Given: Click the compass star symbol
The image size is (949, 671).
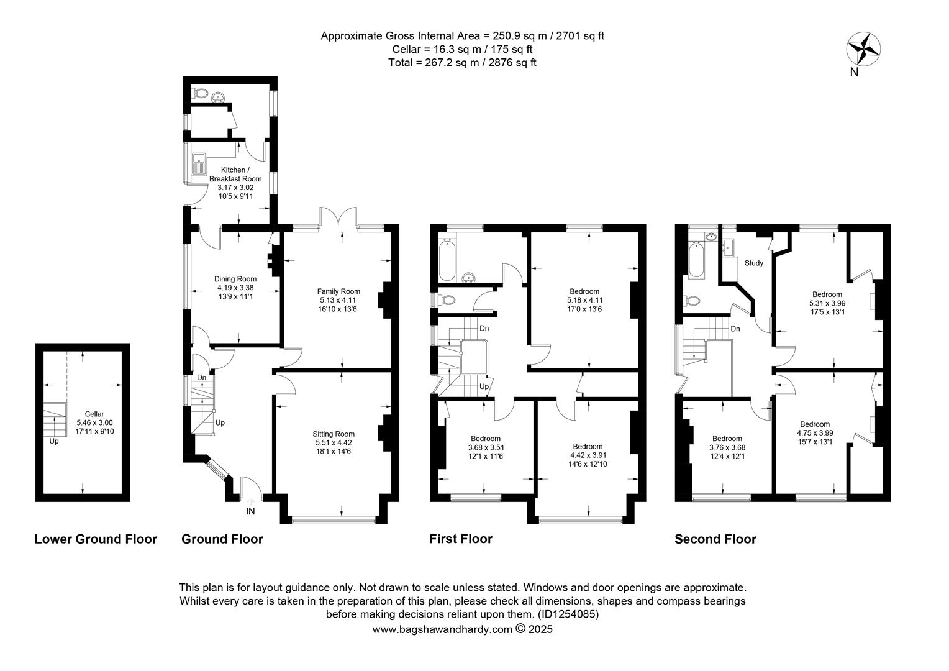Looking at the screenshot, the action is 863,49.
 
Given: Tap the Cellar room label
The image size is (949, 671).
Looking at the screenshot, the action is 94,414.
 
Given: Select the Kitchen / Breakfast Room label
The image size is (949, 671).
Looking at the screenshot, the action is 235,174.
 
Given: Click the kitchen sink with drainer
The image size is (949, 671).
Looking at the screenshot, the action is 198,164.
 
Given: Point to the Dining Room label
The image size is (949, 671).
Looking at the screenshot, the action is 235,279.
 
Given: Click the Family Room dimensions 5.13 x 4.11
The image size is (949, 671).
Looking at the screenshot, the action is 338,300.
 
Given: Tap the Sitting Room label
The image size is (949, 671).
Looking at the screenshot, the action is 334,434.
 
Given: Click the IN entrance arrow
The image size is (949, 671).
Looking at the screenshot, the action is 250,502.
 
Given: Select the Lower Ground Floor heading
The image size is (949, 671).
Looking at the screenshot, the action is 96,539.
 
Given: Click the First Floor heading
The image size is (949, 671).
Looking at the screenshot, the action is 461,539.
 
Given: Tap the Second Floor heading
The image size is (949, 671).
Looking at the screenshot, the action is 715,539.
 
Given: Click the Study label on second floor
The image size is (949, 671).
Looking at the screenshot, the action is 754,263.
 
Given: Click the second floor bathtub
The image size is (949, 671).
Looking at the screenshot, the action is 696,260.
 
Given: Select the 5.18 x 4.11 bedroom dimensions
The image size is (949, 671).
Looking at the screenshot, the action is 584,300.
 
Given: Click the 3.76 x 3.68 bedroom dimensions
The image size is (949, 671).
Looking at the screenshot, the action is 727,447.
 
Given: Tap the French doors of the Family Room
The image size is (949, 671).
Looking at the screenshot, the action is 338,216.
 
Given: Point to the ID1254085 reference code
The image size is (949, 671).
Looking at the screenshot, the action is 568,614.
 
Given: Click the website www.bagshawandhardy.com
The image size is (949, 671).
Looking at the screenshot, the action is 442,629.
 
